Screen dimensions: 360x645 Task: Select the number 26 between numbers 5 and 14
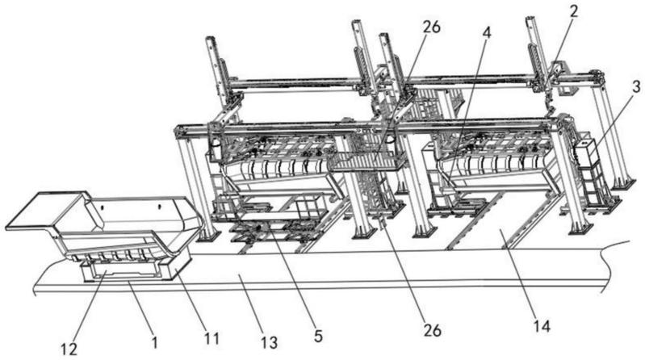[433, 329]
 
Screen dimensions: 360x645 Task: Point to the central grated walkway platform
[368, 161]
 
